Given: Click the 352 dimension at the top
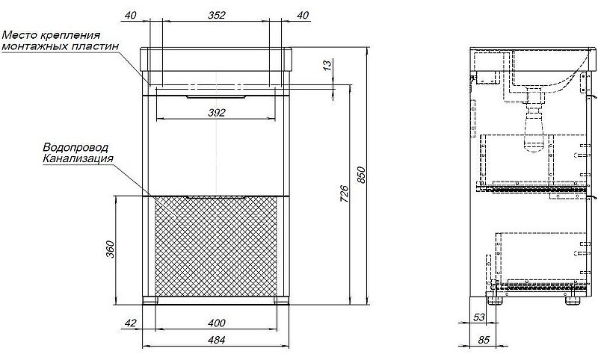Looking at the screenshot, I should coord(216,15).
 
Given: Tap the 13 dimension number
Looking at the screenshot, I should coord(327,66).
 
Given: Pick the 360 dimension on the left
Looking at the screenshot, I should coord(109,249).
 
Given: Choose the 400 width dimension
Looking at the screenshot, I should coord(216,323).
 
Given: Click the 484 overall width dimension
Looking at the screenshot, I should coord(216,340).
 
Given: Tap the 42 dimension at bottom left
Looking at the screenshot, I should coord(130,323).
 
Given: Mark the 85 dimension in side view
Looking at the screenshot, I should coord(484,340).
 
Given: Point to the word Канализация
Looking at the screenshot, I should coord(78,159).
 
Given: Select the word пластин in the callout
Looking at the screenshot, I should coord(101,46).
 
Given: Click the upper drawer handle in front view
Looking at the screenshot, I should coord(216,96).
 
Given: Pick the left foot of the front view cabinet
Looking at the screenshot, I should coord(151,301).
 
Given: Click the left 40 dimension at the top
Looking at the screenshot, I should coord(132,15).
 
